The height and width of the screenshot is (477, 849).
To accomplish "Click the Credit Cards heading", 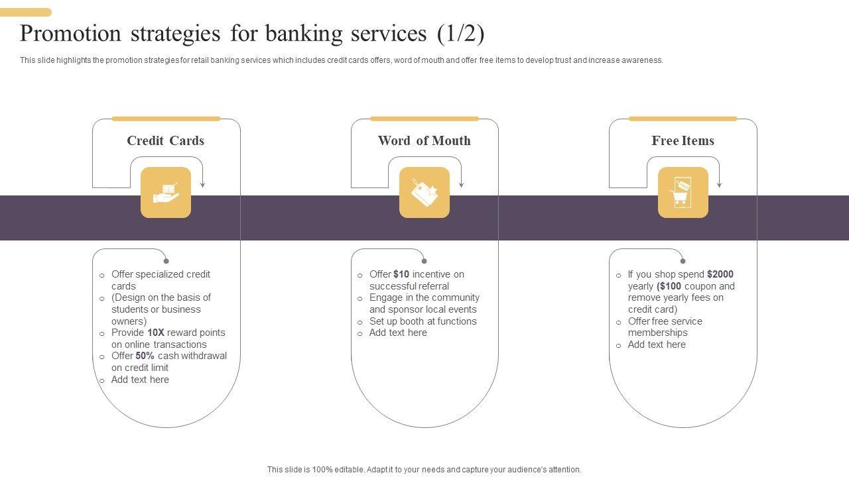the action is [x=165, y=140].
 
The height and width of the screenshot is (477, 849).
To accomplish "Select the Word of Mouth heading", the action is [x=424, y=140].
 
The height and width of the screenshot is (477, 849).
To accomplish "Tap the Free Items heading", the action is [x=683, y=140].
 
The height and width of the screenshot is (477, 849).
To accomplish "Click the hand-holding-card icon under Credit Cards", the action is [x=166, y=192].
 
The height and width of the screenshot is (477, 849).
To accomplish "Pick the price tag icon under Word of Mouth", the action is [x=424, y=192].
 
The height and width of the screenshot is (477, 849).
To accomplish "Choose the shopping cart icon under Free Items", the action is [x=683, y=192].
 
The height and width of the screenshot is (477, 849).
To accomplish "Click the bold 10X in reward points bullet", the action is [x=156, y=333].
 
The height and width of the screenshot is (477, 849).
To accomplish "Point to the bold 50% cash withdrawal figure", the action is [x=145, y=356].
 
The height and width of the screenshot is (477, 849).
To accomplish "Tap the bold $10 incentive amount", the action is [x=401, y=274].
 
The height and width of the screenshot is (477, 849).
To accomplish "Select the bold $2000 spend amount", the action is [x=720, y=274].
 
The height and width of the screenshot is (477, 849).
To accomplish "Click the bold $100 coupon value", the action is [x=670, y=286].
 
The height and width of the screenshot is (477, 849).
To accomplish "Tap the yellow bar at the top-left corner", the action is [x=26, y=12].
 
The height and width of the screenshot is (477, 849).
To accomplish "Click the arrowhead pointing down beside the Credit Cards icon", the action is [x=202, y=184].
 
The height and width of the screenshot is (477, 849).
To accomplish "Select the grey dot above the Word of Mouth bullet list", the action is [x=424, y=261].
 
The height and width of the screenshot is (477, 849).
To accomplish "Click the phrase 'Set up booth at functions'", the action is [x=423, y=321].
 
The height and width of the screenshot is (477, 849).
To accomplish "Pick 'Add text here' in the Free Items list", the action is [x=657, y=344].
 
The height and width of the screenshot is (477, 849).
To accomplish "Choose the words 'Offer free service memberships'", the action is [x=665, y=327].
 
